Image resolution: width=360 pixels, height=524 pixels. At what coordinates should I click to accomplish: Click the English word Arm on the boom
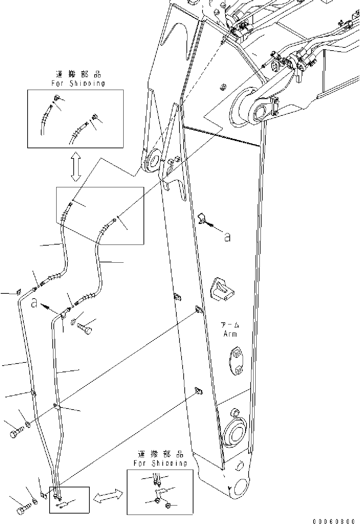[230, 334]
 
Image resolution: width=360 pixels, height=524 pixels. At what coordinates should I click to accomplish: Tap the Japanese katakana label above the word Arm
[230, 325]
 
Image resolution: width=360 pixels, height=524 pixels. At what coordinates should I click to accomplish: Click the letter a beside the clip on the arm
[227, 238]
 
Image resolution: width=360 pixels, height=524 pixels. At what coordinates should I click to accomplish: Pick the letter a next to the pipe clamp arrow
[34, 304]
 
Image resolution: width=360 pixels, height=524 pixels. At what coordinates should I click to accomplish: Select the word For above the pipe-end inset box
[140, 463]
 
